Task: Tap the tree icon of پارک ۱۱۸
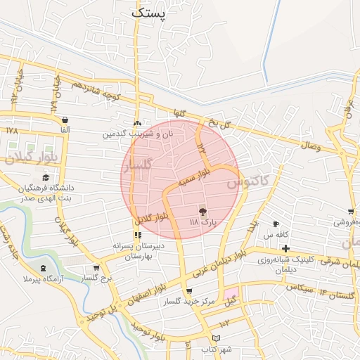202,210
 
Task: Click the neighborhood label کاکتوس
248,181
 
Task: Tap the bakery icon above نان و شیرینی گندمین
138,122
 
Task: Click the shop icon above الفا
65,120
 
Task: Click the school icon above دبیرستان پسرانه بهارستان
138,235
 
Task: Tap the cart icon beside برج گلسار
96,268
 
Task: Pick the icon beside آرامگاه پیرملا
45,269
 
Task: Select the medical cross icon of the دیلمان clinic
285,248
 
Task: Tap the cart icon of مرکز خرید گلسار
188,291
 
